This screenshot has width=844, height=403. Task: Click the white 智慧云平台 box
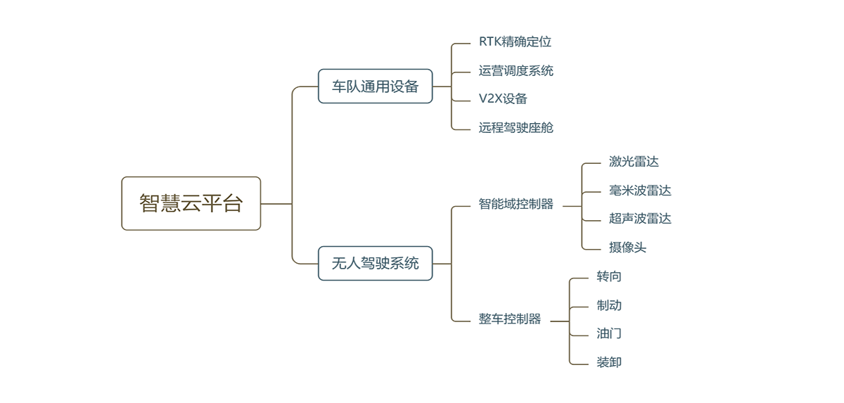[x=191, y=203]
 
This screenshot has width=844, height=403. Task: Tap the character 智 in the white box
[x=149, y=204]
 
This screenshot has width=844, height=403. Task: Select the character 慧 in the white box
[x=170, y=204]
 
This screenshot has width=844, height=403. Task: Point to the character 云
[x=191, y=204]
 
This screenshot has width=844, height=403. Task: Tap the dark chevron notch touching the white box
[x=267, y=204]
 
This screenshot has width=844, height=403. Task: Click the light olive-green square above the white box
[x=261, y=63]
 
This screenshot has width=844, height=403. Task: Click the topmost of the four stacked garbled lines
[x=515, y=44]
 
